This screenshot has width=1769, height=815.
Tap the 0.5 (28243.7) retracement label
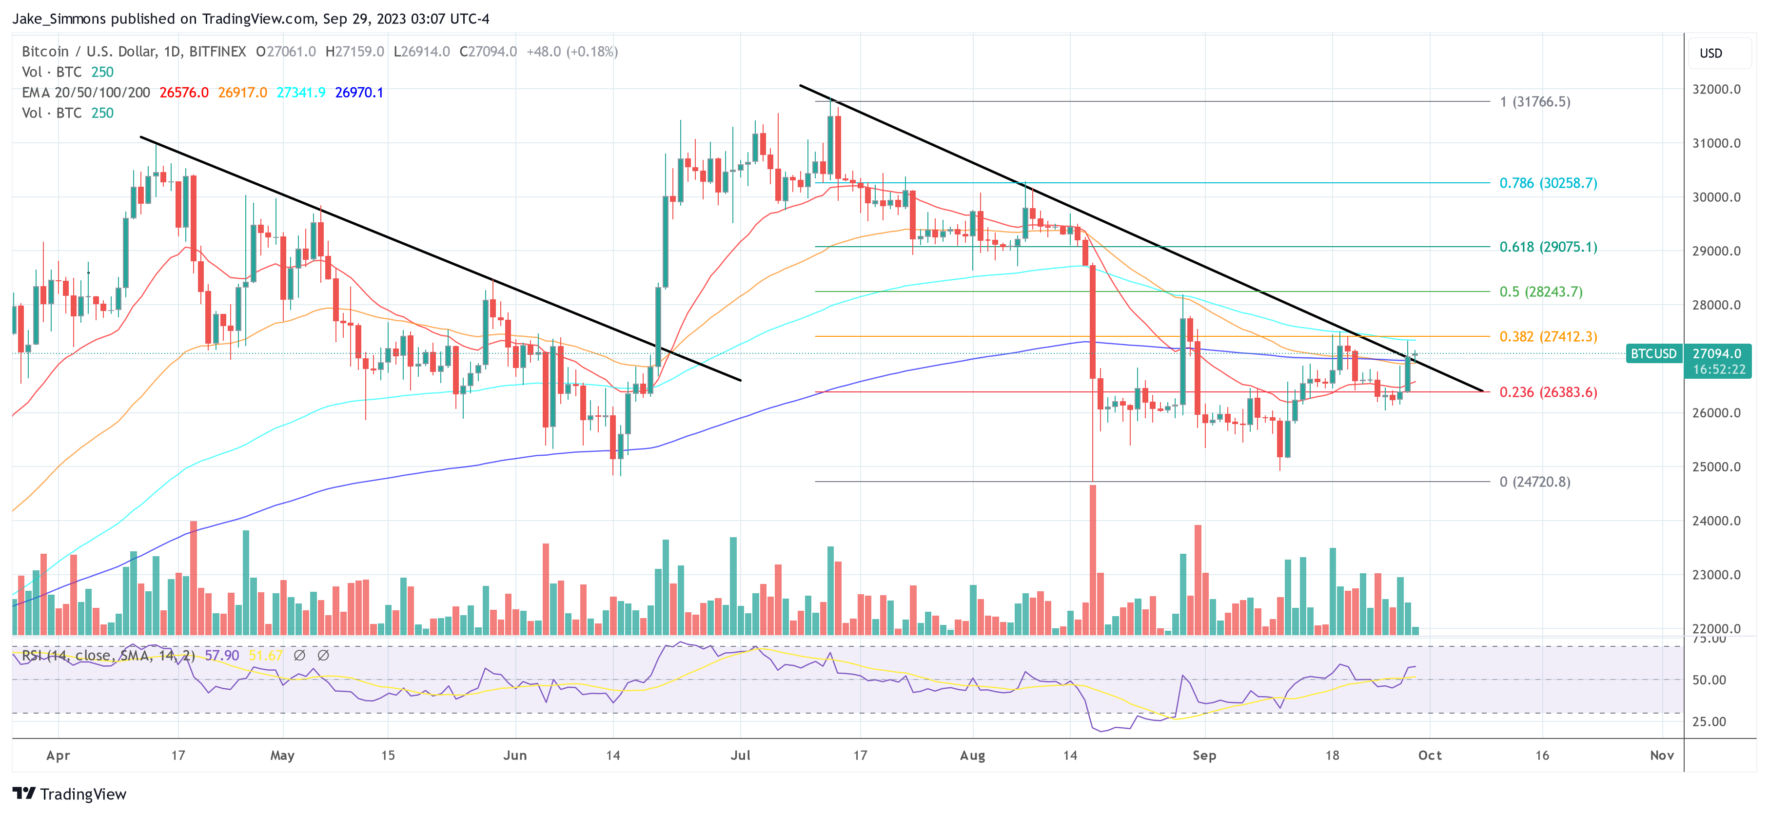click(1540, 292)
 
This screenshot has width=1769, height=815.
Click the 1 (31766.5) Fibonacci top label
click(1535, 101)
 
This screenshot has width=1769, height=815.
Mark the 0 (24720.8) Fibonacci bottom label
click(1535, 482)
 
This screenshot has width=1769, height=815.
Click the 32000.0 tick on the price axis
click(1716, 89)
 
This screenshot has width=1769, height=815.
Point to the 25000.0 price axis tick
click(1716, 467)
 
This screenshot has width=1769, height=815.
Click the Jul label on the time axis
click(740, 755)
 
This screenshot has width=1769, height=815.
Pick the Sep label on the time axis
click(1204, 755)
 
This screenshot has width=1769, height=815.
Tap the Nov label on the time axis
click(1661, 755)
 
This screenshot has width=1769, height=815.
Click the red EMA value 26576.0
click(184, 93)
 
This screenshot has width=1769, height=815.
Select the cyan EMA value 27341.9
click(301, 93)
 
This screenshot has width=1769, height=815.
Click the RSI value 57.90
click(222, 656)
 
